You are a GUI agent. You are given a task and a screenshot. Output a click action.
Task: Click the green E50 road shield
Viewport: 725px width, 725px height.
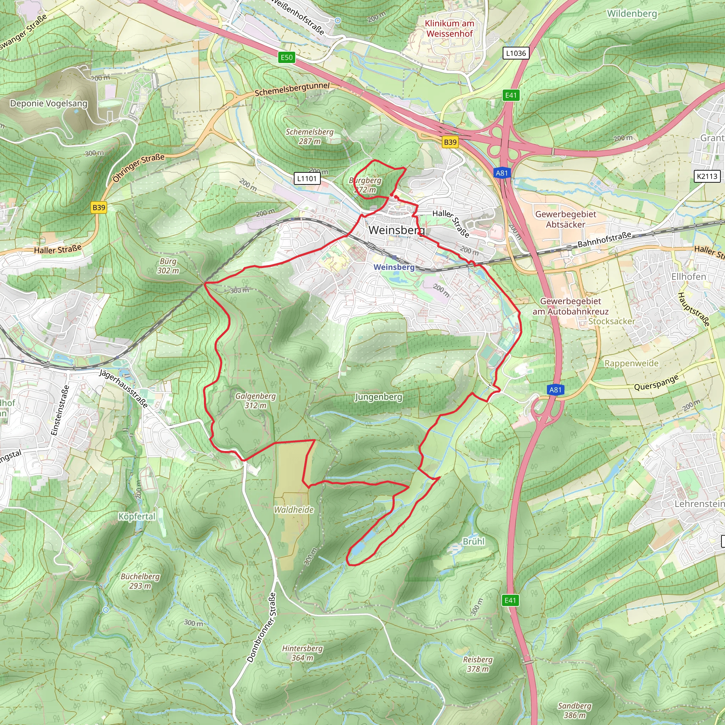click(x=287, y=57)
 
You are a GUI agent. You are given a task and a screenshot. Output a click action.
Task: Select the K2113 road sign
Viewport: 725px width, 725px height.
click(x=707, y=176)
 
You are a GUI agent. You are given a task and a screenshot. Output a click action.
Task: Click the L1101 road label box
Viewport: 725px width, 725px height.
click(x=307, y=179)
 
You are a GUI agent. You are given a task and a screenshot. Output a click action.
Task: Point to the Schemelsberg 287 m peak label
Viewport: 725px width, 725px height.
click(x=310, y=137)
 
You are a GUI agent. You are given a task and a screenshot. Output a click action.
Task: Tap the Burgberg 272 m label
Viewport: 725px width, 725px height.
click(x=365, y=185)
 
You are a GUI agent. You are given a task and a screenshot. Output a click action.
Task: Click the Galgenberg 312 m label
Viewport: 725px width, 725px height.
click(x=256, y=400)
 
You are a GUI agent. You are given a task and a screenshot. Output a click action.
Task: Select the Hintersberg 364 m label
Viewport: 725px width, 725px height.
click(x=302, y=653)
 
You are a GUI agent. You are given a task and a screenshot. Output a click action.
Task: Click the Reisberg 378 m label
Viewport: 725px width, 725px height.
click(x=478, y=664)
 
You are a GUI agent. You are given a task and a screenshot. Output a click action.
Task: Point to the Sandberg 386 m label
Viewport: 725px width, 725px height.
click(x=575, y=710)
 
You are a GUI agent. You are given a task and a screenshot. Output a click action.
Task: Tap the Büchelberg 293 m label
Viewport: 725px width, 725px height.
click(x=140, y=581)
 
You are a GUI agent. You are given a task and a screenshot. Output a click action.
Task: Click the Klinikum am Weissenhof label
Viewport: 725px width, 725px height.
click(x=450, y=29)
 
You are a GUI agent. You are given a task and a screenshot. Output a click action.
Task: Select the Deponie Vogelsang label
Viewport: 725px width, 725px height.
click(x=48, y=104)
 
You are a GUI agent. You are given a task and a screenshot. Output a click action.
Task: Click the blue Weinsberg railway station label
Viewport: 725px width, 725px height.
click(x=394, y=267)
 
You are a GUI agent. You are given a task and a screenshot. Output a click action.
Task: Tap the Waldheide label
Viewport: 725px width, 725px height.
click(x=293, y=510)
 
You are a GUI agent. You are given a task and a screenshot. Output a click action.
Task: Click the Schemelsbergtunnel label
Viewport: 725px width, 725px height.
click(x=292, y=89)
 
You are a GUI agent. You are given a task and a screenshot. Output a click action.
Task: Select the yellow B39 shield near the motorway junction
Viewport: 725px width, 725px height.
click(x=450, y=142)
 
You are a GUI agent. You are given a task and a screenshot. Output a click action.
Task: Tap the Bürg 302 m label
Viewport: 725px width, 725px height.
click(x=168, y=266)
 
